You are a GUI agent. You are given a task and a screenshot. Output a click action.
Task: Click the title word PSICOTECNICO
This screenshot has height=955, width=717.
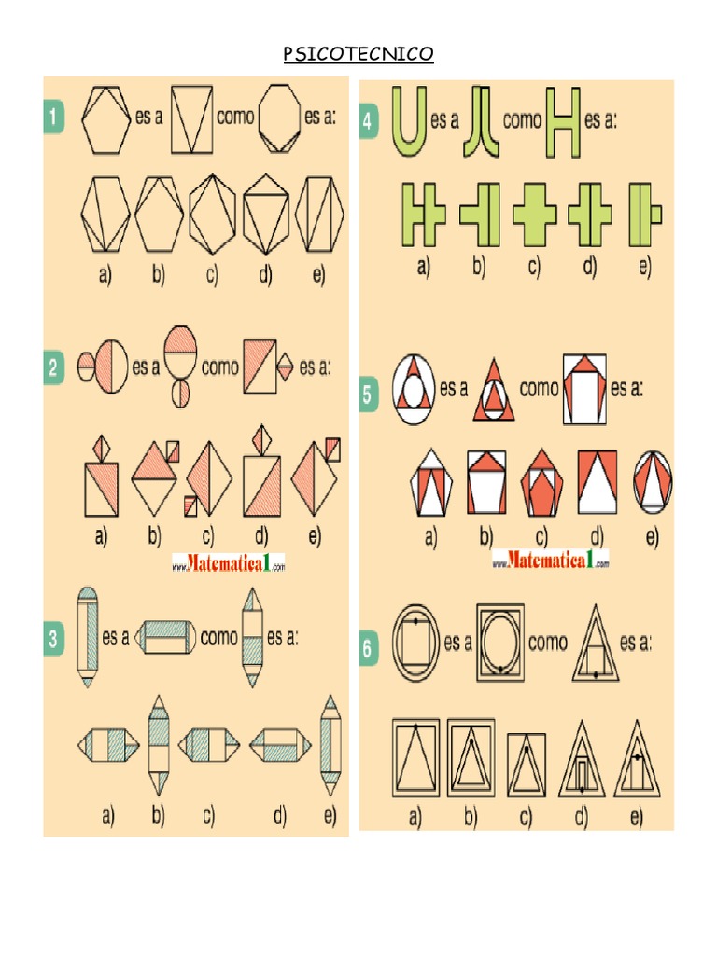(x=358, y=55)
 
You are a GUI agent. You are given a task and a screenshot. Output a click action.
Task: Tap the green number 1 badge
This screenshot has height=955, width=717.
(x=55, y=118)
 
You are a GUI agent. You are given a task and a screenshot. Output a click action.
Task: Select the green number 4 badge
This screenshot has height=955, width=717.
(x=372, y=124)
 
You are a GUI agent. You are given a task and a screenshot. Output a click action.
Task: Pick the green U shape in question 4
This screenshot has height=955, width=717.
(x=409, y=121)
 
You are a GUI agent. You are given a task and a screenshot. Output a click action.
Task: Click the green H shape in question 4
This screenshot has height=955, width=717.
(x=562, y=121)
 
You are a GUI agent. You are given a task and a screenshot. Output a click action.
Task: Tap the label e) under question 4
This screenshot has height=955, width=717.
(x=644, y=269)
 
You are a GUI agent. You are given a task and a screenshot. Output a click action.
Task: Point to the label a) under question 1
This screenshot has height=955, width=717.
(x=103, y=274)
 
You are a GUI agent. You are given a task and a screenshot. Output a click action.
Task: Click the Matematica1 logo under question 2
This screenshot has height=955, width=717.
(x=228, y=563)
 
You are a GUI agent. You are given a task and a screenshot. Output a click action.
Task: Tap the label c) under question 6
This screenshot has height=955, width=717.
(x=525, y=818)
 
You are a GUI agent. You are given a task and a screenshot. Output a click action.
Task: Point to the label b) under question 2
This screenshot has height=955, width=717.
(x=154, y=536)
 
